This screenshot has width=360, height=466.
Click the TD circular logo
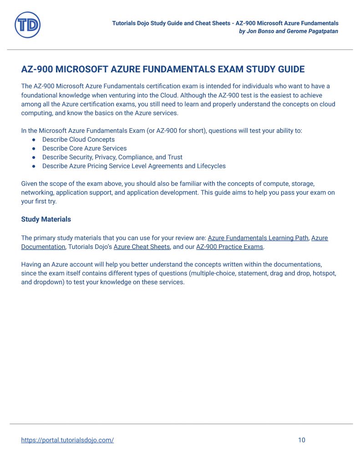click(28, 25)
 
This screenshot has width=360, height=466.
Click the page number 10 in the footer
click(301, 440)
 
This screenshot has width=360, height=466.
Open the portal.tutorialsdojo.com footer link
click(67, 440)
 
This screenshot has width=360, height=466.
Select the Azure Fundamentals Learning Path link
click(258, 238)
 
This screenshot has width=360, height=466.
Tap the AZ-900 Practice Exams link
click(229, 247)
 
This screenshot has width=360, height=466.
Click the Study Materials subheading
click(46, 219)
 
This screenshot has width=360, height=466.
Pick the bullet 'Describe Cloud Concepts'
click(78, 140)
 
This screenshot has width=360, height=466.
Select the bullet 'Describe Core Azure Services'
click(84, 148)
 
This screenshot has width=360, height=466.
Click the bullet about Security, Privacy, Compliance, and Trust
click(112, 157)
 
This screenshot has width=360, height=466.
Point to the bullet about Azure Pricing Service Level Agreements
click(134, 166)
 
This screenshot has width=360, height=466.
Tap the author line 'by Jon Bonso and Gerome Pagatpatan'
click(289, 31)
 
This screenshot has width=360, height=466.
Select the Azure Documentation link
click(43, 247)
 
